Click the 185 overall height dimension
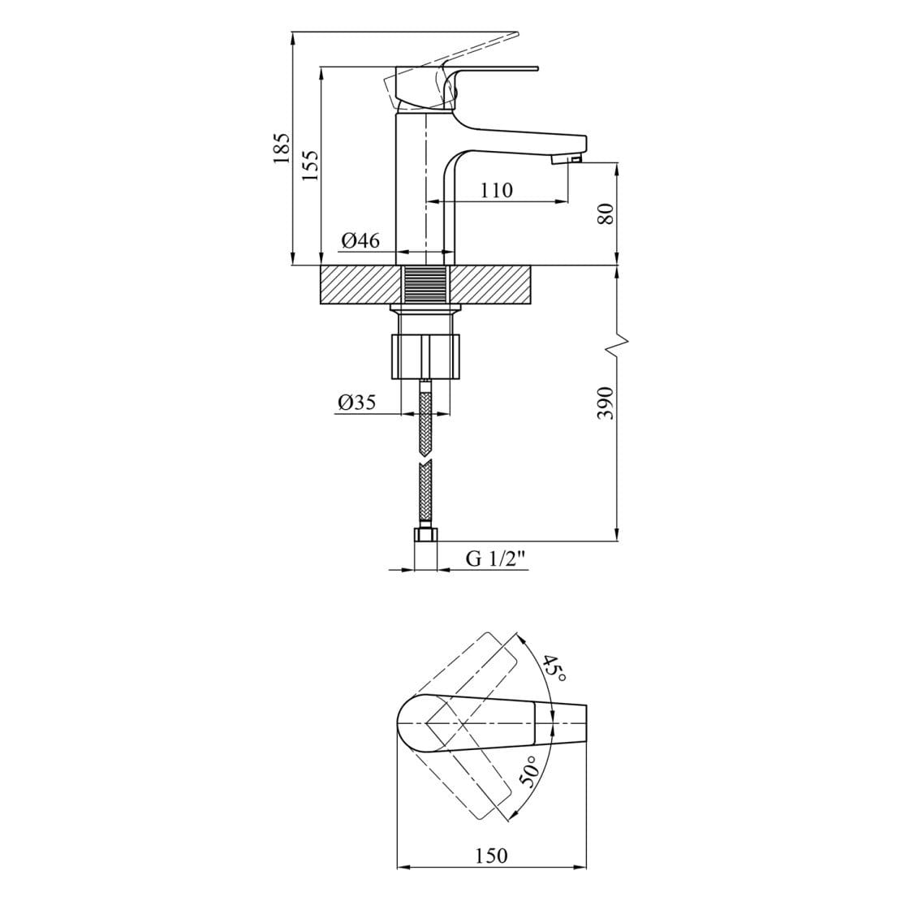282,149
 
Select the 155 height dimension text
310,166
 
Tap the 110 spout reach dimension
497,190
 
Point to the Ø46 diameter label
360,240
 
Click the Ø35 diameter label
357,403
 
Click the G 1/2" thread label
496,558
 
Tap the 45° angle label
554,668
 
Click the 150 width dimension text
491,856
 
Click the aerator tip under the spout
567,159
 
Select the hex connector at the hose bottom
426,535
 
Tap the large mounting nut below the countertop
426,356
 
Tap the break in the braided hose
425,463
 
